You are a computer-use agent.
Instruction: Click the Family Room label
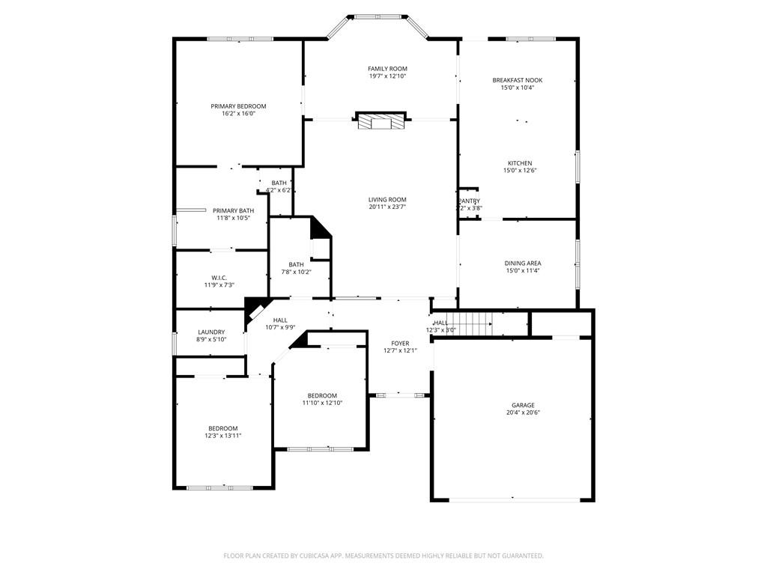(x=387, y=69)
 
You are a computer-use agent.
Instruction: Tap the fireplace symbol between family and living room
(x=383, y=121)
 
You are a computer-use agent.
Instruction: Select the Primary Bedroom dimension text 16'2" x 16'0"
(x=238, y=114)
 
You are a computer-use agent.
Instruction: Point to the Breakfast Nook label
(x=518, y=80)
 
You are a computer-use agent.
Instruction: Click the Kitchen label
(x=520, y=163)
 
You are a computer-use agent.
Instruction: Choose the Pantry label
(x=469, y=201)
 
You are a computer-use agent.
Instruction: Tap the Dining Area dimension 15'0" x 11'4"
(x=522, y=271)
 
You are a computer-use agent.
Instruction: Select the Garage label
(x=523, y=405)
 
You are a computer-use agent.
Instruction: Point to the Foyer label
(x=400, y=343)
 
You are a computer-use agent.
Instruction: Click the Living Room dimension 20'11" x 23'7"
(x=387, y=207)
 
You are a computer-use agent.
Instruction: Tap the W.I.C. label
(x=219, y=278)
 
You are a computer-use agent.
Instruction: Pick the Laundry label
(x=211, y=332)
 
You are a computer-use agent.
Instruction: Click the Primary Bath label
(x=233, y=210)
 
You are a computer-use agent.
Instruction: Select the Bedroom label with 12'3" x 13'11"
(x=222, y=428)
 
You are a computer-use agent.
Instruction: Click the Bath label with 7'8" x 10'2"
(x=297, y=264)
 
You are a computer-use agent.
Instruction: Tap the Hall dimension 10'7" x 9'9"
(x=280, y=327)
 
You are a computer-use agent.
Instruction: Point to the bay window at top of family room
(x=377, y=16)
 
